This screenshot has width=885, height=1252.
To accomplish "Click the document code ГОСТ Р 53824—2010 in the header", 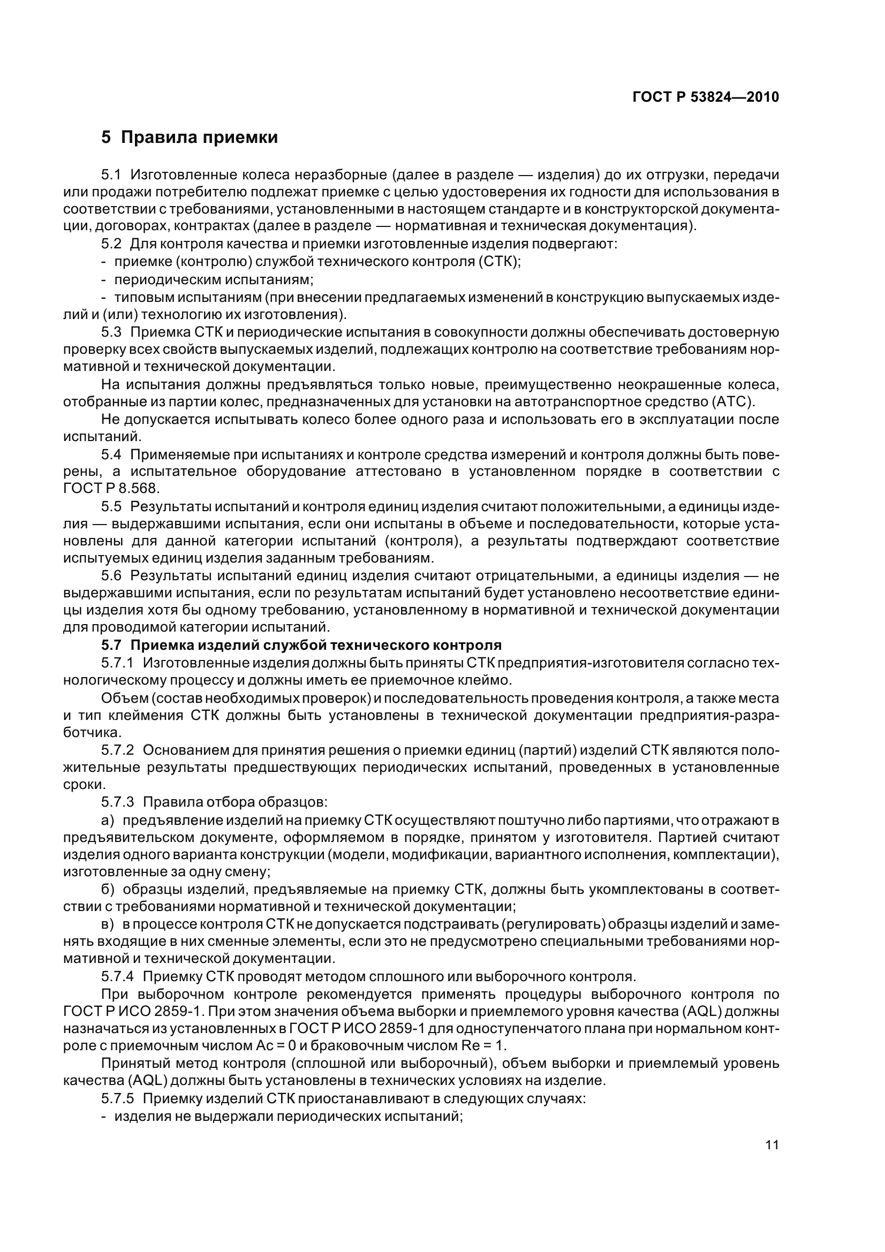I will point(705,97).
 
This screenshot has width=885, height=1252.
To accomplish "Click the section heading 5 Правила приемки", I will point(189,137).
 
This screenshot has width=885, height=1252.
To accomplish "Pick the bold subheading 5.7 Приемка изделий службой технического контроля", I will point(301,646).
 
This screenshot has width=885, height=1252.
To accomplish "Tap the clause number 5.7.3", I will point(117,802).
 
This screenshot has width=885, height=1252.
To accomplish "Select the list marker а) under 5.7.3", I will point(108,820).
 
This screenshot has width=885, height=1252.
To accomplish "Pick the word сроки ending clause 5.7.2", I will point(84,785).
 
